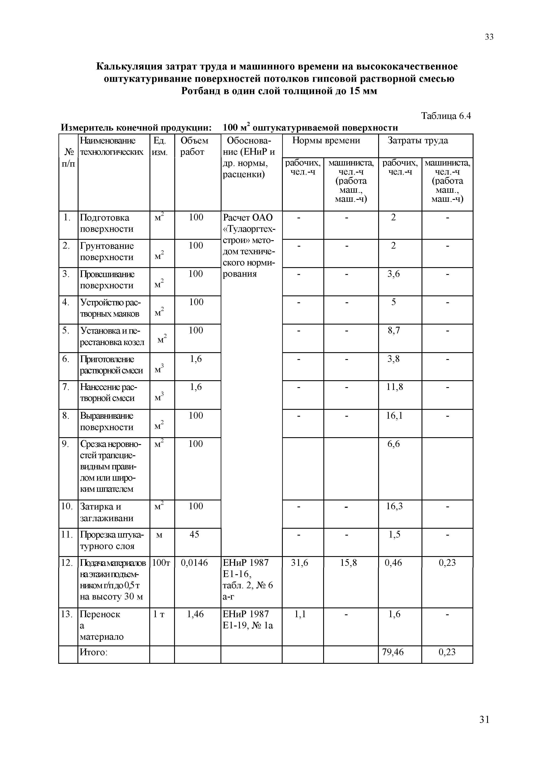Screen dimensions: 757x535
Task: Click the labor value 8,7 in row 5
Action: click(393, 330)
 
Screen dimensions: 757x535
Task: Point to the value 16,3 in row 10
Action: click(394, 506)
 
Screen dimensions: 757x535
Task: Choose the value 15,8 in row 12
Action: click(348, 563)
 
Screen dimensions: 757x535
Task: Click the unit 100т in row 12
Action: click(161, 563)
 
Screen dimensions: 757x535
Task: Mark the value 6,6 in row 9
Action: click(393, 444)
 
